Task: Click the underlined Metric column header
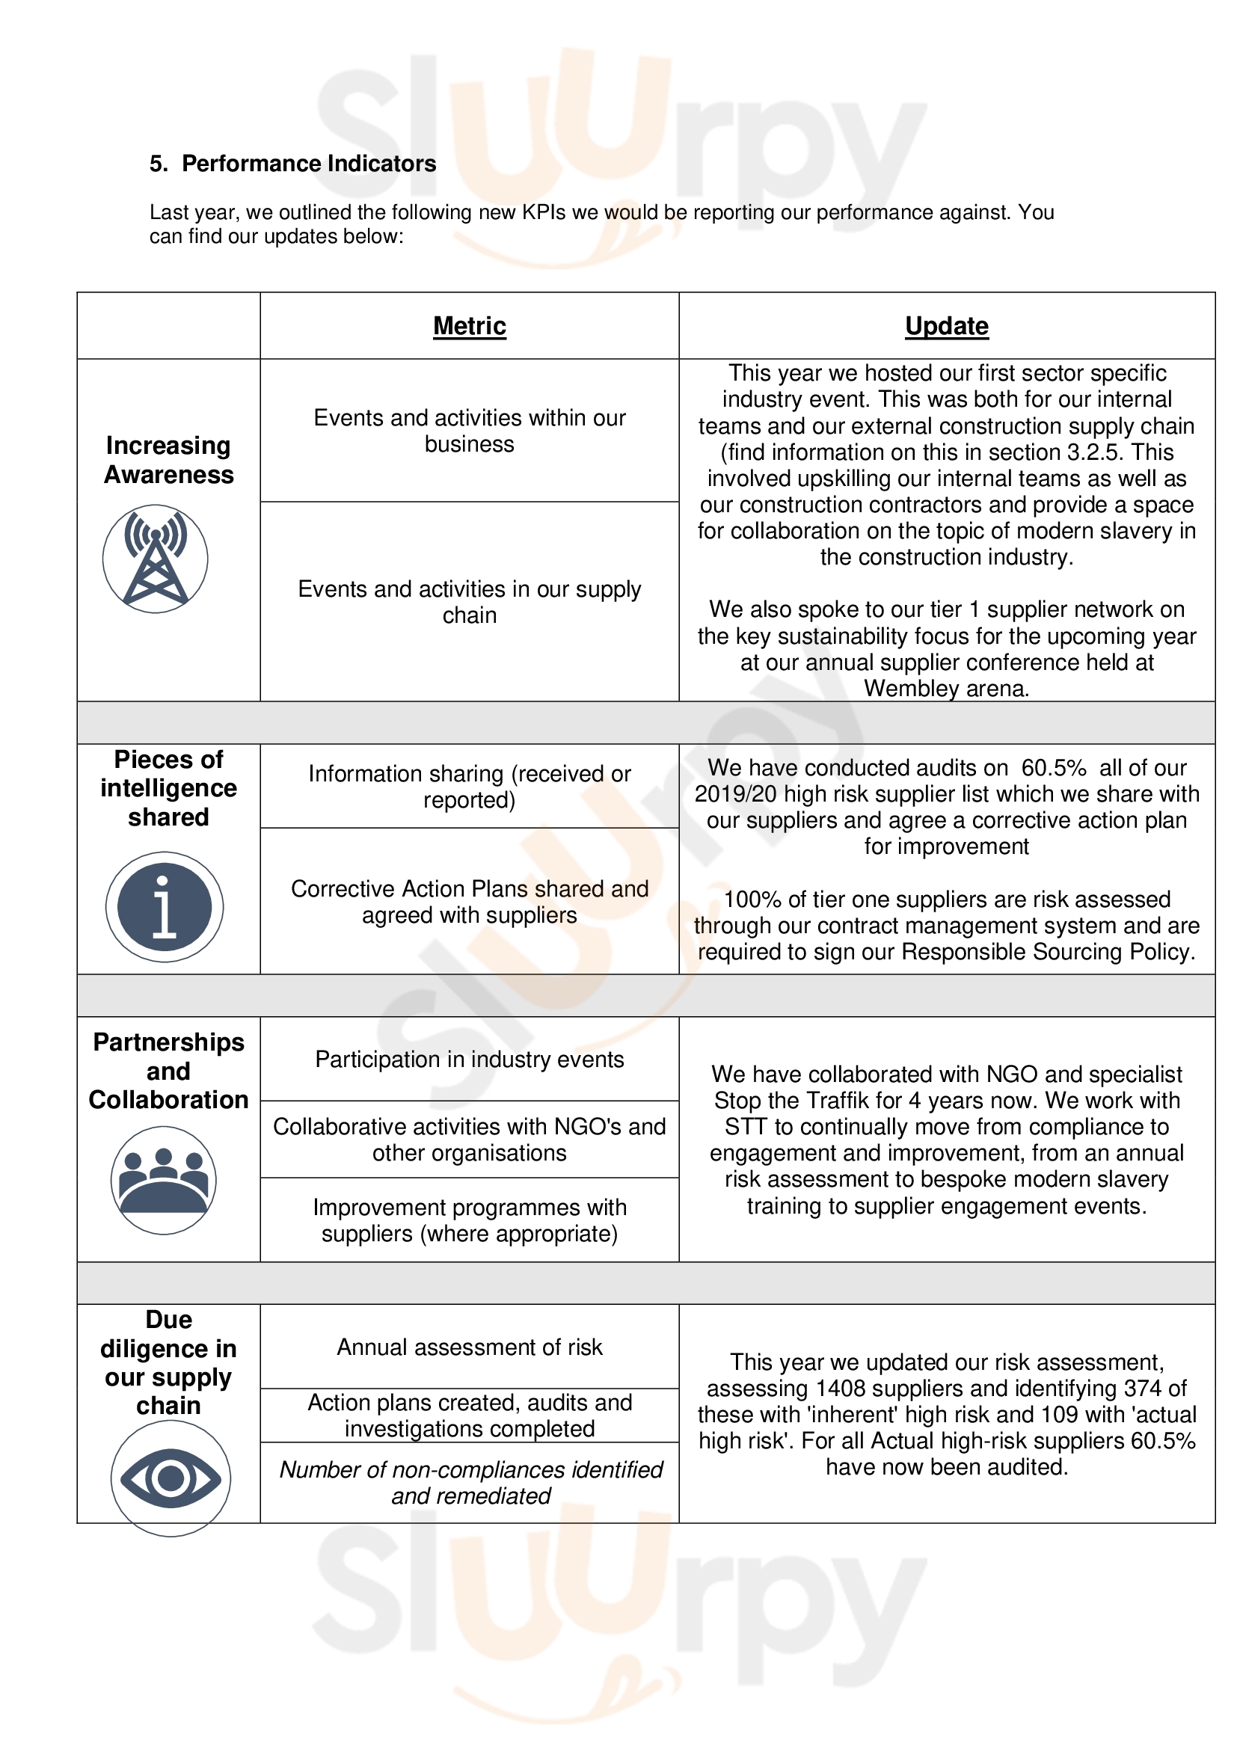pos(469,326)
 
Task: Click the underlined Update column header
pos(946,326)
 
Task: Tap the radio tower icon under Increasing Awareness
pos(156,559)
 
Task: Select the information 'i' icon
pos(165,906)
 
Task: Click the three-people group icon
pos(164,1179)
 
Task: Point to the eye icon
pos(171,1478)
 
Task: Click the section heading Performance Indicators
pos(308,164)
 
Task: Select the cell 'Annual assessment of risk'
pos(469,1347)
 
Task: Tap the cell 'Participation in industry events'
pos(469,1059)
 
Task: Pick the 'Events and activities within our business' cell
pos(469,431)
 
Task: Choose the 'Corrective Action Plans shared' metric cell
pos(469,901)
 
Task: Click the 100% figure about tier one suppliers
pos(752,900)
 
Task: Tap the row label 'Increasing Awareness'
pos(168,459)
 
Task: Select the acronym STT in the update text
pos(745,1126)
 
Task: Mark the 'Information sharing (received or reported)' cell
pos(469,786)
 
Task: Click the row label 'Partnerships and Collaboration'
pos(168,1070)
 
